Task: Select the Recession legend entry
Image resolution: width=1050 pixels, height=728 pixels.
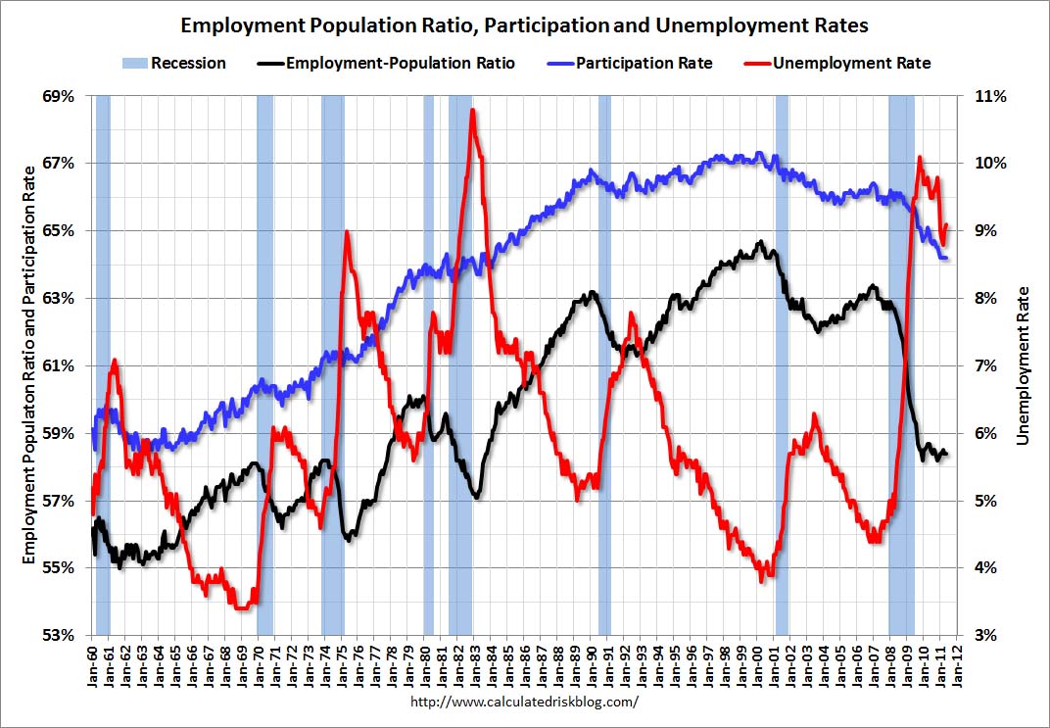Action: point(174,64)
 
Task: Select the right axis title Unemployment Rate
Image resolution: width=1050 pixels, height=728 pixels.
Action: point(1024,365)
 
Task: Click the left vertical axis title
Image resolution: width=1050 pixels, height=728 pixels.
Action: point(28,365)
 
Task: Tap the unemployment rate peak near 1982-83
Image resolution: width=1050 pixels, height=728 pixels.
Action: point(473,111)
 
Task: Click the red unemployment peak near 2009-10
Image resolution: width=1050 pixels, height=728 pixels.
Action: point(919,158)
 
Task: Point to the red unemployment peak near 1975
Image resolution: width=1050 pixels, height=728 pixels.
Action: point(347,232)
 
